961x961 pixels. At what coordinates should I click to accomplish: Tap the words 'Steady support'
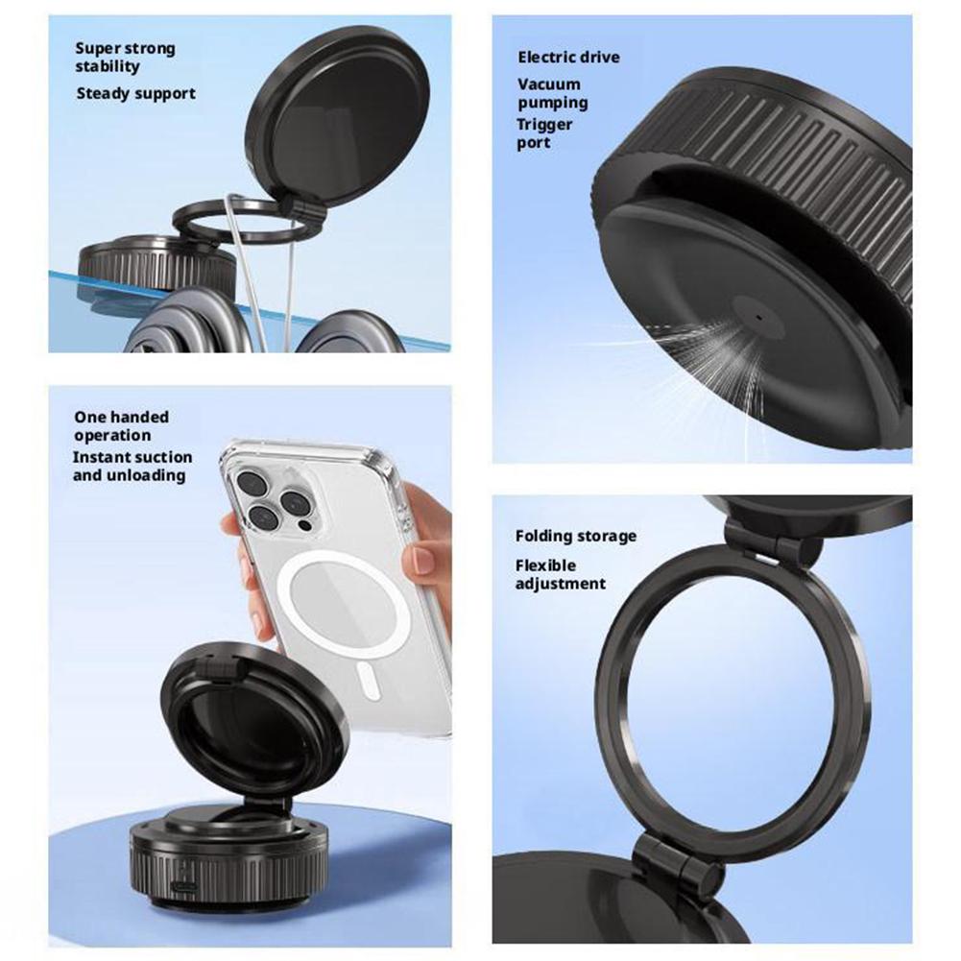tap(135, 93)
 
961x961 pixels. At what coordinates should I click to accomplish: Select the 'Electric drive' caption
tap(568, 58)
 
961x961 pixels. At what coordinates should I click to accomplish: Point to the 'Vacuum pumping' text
tap(553, 93)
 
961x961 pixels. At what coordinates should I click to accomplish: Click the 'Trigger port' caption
tap(544, 133)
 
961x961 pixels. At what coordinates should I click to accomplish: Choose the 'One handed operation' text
tap(121, 425)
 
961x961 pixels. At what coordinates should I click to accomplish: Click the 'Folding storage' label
tap(575, 536)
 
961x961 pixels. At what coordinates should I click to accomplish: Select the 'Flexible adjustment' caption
tap(560, 574)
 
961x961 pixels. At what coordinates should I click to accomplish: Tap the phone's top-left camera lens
tap(252, 483)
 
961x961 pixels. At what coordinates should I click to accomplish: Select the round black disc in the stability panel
tap(337, 116)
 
